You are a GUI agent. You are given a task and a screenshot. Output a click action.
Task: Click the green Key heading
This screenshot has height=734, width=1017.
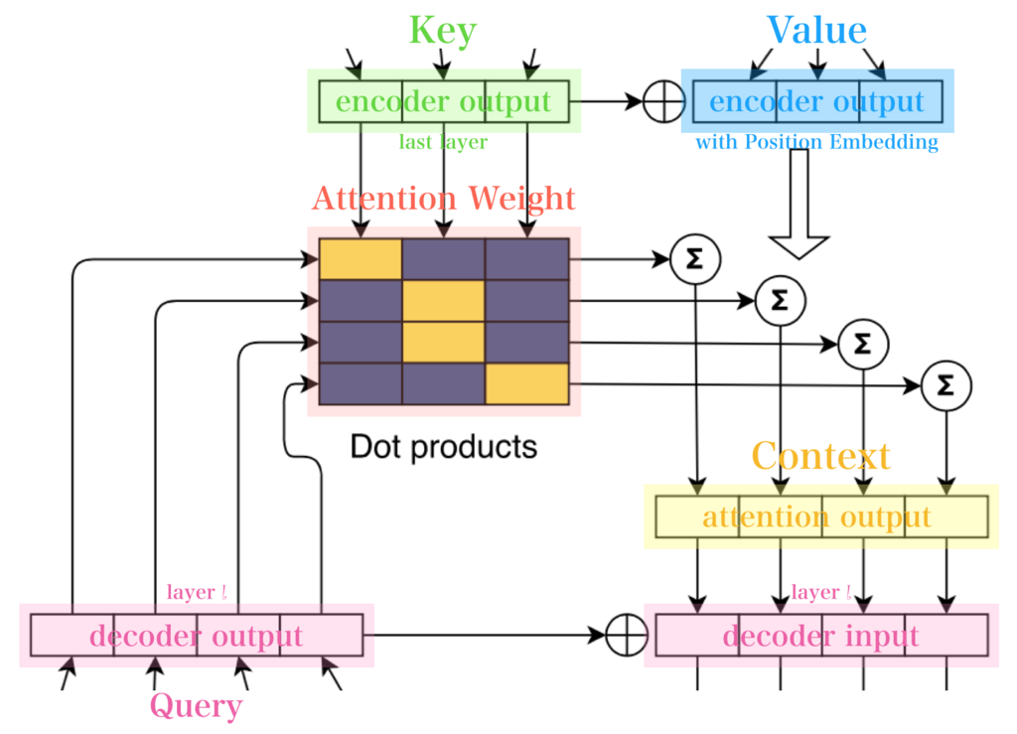(x=443, y=31)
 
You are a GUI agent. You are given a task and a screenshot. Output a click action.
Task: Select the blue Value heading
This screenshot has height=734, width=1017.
(x=816, y=31)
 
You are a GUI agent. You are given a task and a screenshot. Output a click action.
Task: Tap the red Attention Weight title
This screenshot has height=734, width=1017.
(x=443, y=199)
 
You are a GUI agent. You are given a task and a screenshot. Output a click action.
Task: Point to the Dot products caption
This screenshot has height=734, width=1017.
(x=443, y=447)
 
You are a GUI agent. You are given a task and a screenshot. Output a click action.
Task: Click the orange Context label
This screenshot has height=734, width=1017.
(x=820, y=457)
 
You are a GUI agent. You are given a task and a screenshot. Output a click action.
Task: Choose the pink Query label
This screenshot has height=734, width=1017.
(x=196, y=706)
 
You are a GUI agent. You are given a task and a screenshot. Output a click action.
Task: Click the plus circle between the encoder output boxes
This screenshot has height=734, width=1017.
(x=663, y=101)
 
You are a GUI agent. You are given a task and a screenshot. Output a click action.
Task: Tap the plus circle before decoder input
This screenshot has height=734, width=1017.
(x=626, y=636)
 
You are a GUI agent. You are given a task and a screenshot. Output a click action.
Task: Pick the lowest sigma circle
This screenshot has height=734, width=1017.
(x=945, y=385)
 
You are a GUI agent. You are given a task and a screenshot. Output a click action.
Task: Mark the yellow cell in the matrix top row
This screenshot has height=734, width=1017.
(x=361, y=258)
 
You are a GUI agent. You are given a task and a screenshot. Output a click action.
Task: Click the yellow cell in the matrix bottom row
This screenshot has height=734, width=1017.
(x=526, y=384)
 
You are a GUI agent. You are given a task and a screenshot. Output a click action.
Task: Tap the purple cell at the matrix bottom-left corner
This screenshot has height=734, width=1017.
(x=361, y=384)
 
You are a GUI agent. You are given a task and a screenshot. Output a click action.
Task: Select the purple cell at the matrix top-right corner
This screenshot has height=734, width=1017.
(x=526, y=258)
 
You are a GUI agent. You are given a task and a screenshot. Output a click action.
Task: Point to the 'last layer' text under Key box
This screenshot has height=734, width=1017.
(x=443, y=143)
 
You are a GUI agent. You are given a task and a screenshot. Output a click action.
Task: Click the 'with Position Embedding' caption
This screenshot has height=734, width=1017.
(x=816, y=143)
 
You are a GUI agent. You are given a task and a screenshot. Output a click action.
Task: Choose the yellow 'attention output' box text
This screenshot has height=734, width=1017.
(x=816, y=517)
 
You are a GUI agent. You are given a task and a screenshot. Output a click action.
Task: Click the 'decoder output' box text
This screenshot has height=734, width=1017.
(x=196, y=636)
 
